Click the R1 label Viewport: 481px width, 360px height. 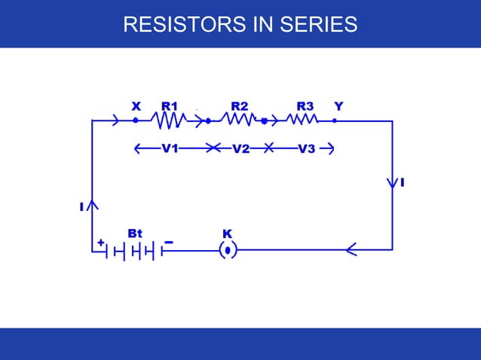[170, 105]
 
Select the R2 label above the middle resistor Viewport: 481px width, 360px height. [240, 105]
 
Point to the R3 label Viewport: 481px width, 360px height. [305, 105]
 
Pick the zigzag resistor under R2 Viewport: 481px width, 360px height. [238, 119]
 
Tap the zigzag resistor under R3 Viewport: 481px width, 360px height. [302, 119]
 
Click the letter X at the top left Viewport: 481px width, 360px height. [136, 105]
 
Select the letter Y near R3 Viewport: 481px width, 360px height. [338, 105]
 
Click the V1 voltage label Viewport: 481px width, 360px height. [170, 148]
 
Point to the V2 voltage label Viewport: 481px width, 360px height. [240, 149]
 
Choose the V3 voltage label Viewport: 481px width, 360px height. [306, 148]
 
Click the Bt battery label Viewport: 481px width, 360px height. [135, 233]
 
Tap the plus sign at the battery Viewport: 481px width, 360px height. [100, 243]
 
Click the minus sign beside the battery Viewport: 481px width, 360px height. [169, 243]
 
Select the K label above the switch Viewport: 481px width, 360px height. [227, 233]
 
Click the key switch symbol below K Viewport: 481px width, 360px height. [227, 250]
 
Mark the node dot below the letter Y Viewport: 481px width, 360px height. [335, 120]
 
